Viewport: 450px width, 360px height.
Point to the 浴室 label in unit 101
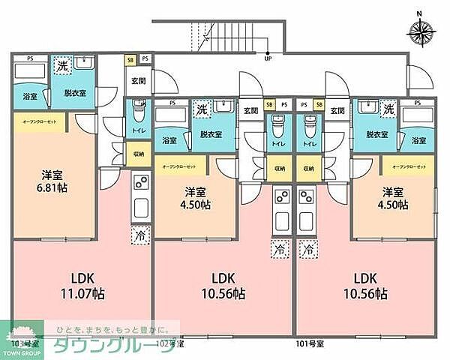tap(418, 139)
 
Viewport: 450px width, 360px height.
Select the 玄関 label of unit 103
tap(139, 81)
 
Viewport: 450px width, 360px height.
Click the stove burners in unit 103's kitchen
tap(139, 181)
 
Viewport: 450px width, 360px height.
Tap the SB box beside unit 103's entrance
tap(130, 58)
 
